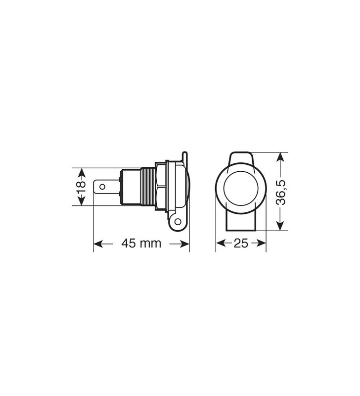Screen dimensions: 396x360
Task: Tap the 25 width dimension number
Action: (241, 244)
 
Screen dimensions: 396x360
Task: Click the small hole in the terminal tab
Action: (103, 187)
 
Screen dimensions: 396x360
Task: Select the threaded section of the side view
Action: (147, 187)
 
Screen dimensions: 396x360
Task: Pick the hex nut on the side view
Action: (160, 187)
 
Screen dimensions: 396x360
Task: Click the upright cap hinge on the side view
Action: (185, 161)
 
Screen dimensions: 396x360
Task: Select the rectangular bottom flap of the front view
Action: (241, 223)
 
